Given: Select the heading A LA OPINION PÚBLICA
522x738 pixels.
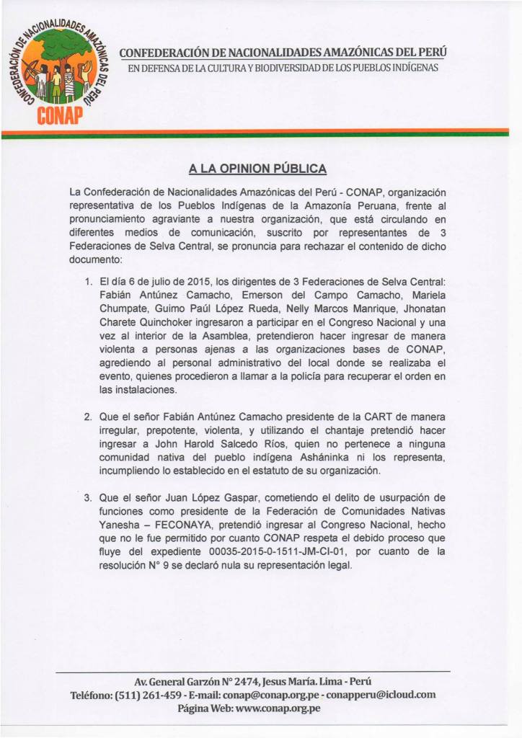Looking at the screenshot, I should pos(257,169).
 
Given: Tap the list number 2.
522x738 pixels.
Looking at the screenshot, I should pos(87,417).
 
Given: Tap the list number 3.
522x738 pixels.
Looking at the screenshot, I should pos(87,497).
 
